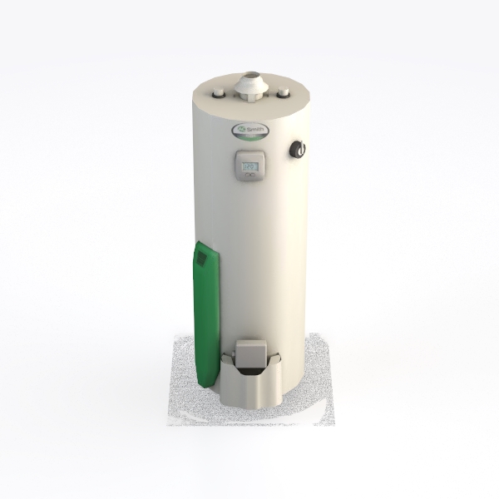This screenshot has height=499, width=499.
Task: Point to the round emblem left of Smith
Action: pyautogui.click(x=240, y=131)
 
